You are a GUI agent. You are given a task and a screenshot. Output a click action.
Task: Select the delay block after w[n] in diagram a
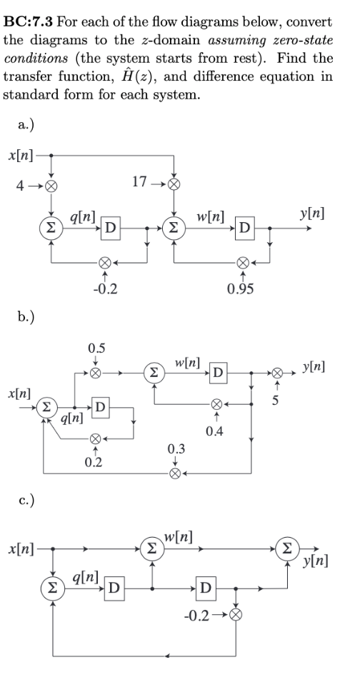244,229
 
